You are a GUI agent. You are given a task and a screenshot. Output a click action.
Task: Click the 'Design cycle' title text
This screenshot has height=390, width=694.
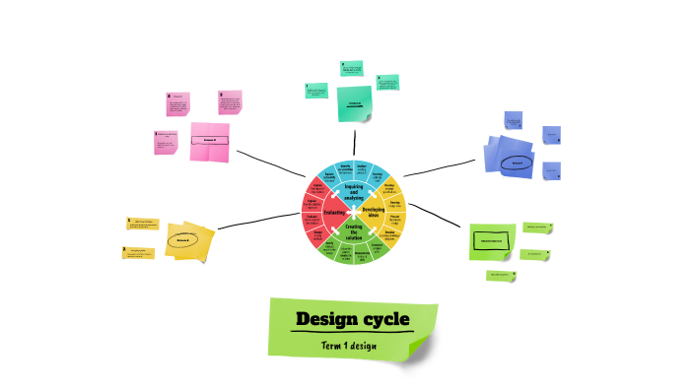click(x=353, y=320)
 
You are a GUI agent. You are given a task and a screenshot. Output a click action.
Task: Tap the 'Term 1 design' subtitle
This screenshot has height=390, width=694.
click(x=349, y=346)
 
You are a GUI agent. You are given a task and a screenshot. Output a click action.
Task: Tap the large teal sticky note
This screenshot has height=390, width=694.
click(x=355, y=103)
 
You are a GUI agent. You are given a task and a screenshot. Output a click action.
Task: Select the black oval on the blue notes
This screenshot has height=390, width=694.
click(x=517, y=162)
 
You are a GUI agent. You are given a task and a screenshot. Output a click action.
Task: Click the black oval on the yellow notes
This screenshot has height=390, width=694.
click(x=183, y=239)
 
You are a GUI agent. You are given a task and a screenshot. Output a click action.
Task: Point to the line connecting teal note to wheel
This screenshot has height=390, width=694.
click(x=354, y=139)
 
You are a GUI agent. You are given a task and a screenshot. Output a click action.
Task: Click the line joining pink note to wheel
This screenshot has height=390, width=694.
click(x=268, y=162)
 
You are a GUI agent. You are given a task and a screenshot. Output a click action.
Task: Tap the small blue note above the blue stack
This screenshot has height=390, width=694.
click(x=514, y=121)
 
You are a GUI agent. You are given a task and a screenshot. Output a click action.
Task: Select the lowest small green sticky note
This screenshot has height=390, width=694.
click(x=501, y=276)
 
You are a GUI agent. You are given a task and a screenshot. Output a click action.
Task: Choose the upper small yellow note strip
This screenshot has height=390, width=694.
click(x=143, y=223)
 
